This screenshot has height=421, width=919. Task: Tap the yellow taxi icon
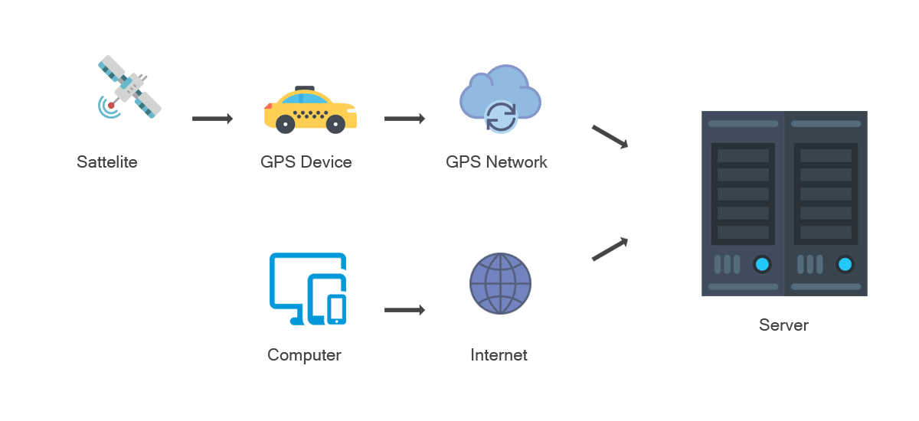(310, 111)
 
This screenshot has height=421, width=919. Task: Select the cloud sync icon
(500, 100)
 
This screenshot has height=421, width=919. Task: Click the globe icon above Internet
(500, 284)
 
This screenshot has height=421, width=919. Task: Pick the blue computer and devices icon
(308, 289)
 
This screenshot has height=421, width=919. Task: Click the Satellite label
(107, 162)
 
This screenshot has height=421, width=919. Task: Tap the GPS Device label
(306, 162)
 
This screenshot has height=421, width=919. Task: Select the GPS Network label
(497, 162)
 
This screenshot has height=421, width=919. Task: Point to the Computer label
(304, 355)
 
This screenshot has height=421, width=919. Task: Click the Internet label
(499, 355)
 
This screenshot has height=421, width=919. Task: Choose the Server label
(783, 325)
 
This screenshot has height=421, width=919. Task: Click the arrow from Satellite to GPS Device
(212, 119)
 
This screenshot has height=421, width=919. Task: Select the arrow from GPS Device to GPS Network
(404, 119)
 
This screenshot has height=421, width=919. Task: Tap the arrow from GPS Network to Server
(610, 137)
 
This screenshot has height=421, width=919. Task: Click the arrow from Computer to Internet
(404, 310)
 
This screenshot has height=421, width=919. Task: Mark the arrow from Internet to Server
(610, 249)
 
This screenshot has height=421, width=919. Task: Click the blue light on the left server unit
(761, 265)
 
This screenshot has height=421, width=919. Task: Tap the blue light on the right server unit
(845, 265)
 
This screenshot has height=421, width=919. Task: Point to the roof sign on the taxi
(305, 87)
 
